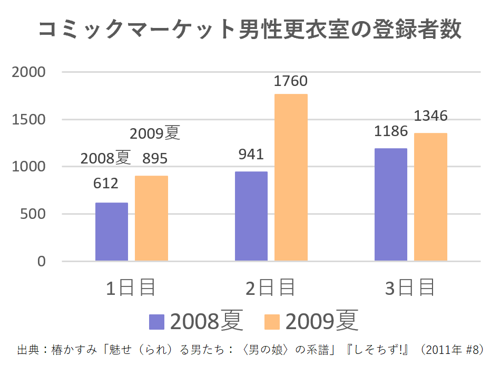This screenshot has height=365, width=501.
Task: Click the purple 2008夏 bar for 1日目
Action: click(x=112, y=232)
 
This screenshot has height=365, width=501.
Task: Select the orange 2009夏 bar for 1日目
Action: click(x=151, y=218)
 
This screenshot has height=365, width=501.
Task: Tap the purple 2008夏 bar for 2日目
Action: click(x=251, y=216)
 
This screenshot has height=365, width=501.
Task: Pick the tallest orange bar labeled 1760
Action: click(x=291, y=177)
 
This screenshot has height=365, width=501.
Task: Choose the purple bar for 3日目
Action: click(x=391, y=205)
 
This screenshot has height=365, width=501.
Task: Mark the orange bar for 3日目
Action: click(x=430, y=197)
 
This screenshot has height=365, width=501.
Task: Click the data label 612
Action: click(x=106, y=184)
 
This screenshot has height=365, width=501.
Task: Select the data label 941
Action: click(x=251, y=154)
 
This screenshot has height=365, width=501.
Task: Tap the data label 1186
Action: click(x=391, y=131)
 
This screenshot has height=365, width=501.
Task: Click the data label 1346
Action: click(x=430, y=116)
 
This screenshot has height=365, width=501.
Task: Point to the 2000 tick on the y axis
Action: click(x=29, y=72)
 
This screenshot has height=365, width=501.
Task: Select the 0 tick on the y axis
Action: click(x=42, y=262)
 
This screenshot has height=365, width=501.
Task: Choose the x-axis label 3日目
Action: click(x=410, y=288)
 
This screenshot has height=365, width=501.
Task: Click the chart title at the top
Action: click(x=250, y=30)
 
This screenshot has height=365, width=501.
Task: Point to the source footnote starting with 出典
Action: click(x=250, y=350)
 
